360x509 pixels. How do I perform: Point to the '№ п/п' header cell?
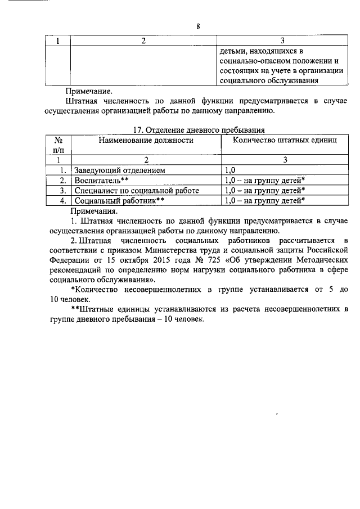(x=57, y=146)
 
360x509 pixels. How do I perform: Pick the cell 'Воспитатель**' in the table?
(x=102, y=180)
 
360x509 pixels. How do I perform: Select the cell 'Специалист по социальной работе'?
(x=137, y=190)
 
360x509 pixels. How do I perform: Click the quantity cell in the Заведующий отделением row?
(x=231, y=169)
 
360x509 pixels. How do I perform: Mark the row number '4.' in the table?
(x=64, y=200)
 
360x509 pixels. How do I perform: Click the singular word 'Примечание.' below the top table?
(x=89, y=90)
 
